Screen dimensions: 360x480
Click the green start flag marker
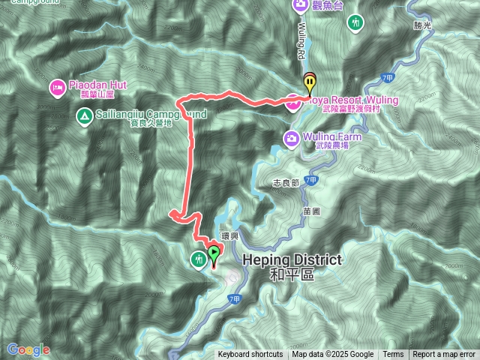pyautogui.click(x=214, y=253)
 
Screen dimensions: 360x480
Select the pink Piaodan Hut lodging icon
pyautogui.click(x=57, y=88)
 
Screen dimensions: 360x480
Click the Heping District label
pyautogui.click(x=292, y=259)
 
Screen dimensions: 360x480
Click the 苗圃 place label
pyautogui.click(x=312, y=211)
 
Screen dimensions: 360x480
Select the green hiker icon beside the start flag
pyautogui.click(x=198, y=259)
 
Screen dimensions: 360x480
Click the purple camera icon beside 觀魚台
pyautogui.click(x=301, y=6)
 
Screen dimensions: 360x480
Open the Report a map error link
pyautogui.click(x=444, y=355)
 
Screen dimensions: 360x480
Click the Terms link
pyautogui.click(x=393, y=355)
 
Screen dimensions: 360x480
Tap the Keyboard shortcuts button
pyautogui.click(x=250, y=355)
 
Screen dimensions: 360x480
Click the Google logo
pyautogui.click(x=28, y=349)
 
